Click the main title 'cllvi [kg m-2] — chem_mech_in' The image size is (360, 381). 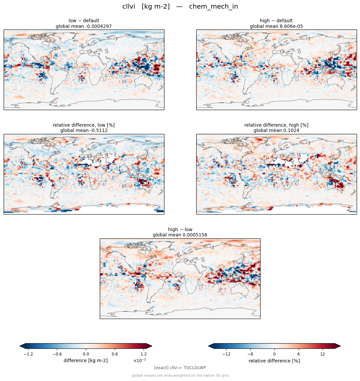180,7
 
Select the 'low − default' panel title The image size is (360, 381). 84,21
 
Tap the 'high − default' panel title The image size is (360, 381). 276,21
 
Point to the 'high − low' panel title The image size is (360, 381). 180,229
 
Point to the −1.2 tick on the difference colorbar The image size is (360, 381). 29,354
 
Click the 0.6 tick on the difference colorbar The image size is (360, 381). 115,354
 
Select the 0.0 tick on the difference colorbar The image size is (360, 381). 86,354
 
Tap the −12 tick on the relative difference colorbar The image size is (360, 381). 226,354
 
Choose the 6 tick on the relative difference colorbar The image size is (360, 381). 299,354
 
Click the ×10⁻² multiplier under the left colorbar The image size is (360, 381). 140,360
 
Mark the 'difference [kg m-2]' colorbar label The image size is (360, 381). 86,360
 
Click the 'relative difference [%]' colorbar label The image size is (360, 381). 274,361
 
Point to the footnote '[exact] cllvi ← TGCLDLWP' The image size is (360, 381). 180,368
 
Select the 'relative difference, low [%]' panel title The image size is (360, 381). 84,125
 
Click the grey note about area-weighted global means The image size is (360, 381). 180,376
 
